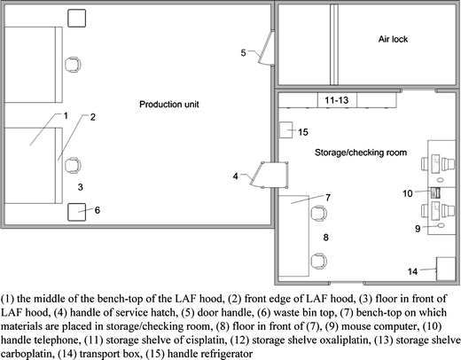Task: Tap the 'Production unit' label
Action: (168, 105)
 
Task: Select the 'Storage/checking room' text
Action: (360, 153)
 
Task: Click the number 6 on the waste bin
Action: (98, 210)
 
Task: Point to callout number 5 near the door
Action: (244, 53)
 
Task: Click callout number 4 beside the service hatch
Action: (236, 176)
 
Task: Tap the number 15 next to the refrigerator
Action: (303, 132)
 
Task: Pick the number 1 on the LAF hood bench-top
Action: (66, 115)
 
